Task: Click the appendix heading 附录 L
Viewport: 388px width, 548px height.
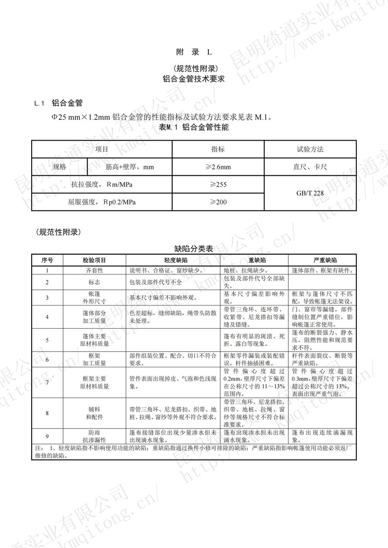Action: point(194,52)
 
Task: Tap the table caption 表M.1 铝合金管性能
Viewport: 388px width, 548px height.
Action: point(194,128)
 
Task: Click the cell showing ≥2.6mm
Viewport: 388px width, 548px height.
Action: point(218,167)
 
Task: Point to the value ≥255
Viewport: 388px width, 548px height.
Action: point(218,184)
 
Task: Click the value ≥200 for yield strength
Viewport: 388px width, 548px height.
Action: point(218,202)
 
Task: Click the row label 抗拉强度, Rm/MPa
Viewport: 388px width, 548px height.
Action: point(102,184)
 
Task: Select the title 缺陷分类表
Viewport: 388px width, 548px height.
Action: point(194,248)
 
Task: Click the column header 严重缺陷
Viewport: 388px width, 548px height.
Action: point(322,260)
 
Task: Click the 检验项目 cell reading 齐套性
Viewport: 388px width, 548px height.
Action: point(94,270)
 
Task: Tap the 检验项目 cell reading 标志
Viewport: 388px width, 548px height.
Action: point(94,282)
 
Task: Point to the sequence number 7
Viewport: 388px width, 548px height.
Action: point(47,382)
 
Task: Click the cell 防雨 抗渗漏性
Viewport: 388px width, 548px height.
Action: point(94,436)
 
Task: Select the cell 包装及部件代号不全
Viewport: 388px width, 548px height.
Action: point(156,282)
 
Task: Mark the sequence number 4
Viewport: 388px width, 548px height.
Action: point(47,317)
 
